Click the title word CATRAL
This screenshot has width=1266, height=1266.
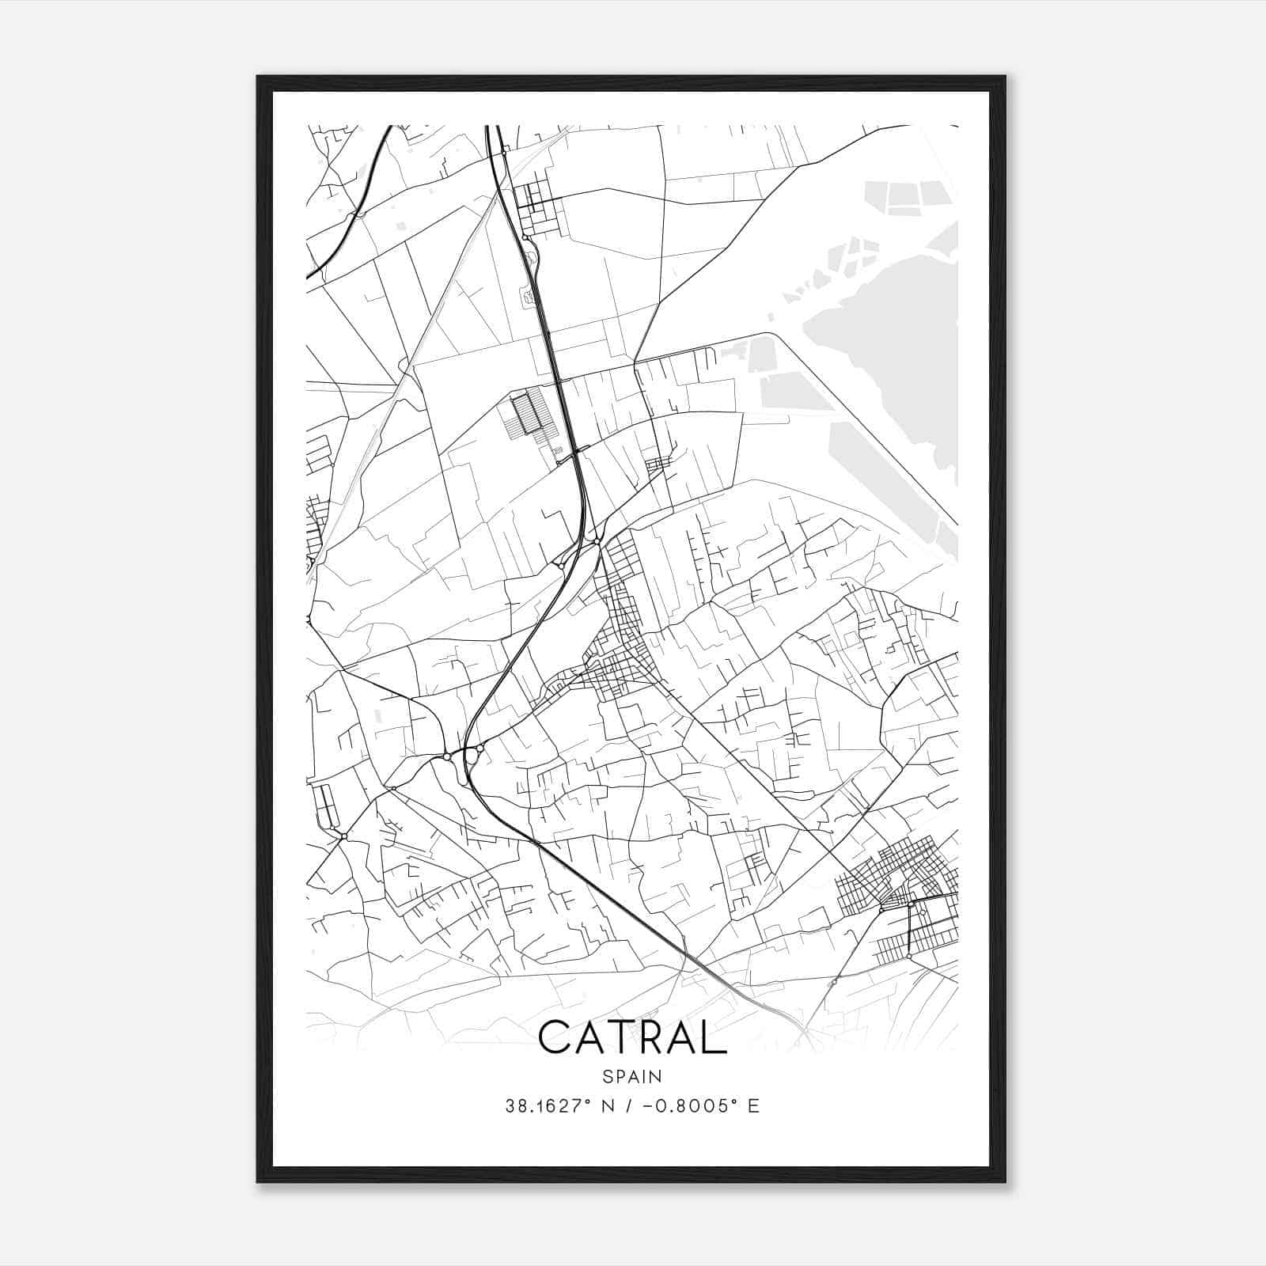coord(632,1037)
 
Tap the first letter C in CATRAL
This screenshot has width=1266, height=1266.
coord(554,1037)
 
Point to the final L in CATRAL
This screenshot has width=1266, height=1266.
coord(714,1037)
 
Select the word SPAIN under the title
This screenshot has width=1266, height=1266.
coord(632,1076)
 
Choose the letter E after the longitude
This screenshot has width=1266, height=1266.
coord(753,1106)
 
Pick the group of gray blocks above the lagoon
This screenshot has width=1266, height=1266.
coord(910,198)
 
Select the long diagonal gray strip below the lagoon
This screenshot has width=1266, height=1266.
coord(886,475)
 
